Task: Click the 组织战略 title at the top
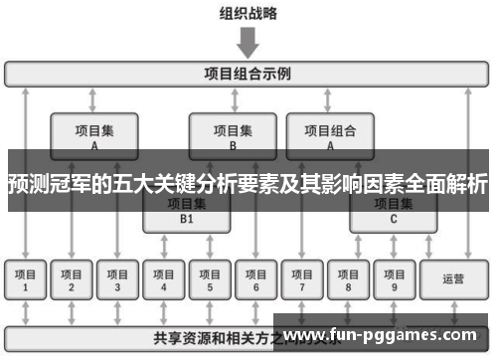click(x=248, y=13)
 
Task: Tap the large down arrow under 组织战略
click(x=248, y=42)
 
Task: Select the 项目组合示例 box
click(x=248, y=74)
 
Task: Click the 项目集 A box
click(x=94, y=135)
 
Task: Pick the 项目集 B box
click(x=233, y=135)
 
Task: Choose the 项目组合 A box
click(x=329, y=135)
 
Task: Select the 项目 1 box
click(x=25, y=279)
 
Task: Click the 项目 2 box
click(x=72, y=279)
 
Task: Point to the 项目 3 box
click(x=117, y=279)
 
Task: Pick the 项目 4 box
click(x=164, y=279)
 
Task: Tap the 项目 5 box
click(x=210, y=279)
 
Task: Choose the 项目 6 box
click(x=255, y=279)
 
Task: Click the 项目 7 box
click(x=302, y=279)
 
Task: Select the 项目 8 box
click(x=348, y=279)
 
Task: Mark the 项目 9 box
click(x=394, y=279)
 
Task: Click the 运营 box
click(x=452, y=279)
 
